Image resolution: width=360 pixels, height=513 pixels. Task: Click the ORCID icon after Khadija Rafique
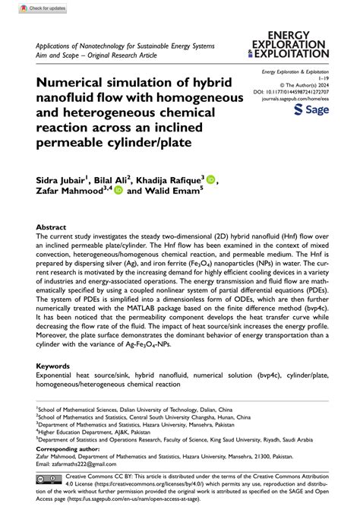pos(210,180)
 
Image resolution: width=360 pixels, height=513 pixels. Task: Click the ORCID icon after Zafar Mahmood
pos(118,192)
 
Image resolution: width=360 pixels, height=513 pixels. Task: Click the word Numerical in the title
pos(77,82)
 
